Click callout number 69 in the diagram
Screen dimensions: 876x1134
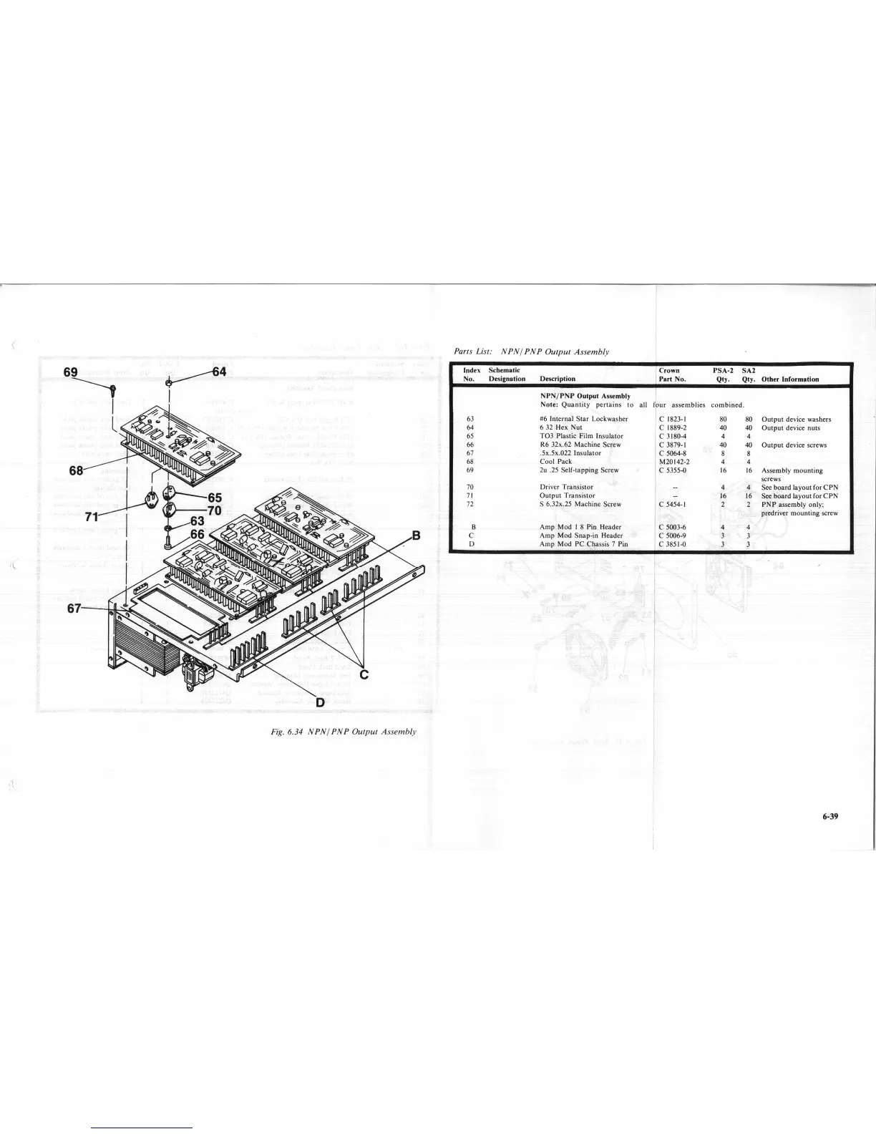[72, 372]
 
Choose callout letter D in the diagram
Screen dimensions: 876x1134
[320, 702]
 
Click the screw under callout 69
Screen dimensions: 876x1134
[113, 391]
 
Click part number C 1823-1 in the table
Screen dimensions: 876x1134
[673, 420]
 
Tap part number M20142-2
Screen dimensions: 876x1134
[673, 462]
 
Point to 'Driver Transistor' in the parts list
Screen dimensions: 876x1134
[566, 487]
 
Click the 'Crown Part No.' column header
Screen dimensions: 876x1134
[673, 374]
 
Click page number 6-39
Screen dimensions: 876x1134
[831, 815]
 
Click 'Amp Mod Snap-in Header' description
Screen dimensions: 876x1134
[580, 535]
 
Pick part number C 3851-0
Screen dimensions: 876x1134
[673, 544]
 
